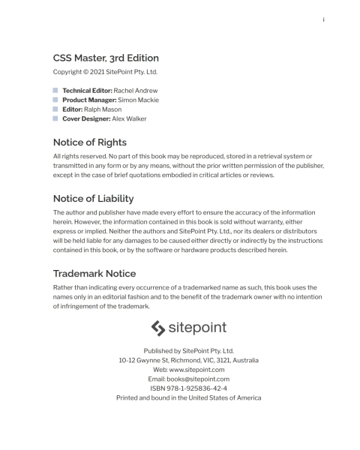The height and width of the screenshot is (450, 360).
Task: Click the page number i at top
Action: [323, 20]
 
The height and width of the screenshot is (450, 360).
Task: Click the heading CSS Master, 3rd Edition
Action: [106, 58]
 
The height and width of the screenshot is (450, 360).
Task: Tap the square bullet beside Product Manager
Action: [55, 100]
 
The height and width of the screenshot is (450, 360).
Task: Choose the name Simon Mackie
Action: [139, 100]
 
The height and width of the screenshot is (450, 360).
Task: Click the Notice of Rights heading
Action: [89, 142]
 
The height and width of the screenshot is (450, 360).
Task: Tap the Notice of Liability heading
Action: [93, 198]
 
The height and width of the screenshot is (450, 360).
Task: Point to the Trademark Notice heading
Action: [94, 273]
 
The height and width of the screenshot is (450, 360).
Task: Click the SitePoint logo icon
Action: [159, 328]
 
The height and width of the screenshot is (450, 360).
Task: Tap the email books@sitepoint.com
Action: [196, 379]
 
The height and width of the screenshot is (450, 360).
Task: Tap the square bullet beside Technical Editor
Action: [55, 90]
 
